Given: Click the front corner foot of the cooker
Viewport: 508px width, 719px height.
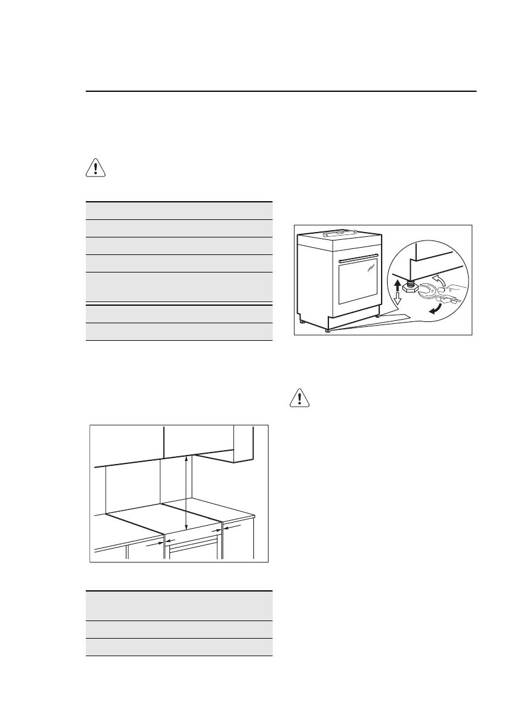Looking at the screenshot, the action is [327, 330].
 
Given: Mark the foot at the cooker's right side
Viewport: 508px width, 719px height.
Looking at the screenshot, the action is [378, 315].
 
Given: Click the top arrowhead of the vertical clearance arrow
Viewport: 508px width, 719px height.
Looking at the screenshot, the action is [186, 459].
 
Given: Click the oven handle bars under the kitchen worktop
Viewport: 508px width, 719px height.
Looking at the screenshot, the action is [193, 546].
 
